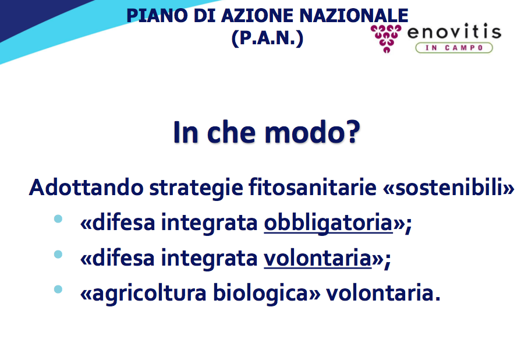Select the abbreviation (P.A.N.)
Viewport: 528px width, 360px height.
point(267,38)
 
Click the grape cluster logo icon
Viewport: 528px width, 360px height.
point(386,38)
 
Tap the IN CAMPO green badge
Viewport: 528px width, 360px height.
point(454,48)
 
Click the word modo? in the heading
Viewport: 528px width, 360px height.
point(312,132)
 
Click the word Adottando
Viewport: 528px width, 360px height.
point(86,187)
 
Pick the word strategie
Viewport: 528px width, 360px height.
point(196,188)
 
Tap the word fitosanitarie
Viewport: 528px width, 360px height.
point(313,187)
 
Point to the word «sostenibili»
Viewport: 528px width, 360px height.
point(448,187)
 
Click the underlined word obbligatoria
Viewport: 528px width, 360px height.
point(328,223)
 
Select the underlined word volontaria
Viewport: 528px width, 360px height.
point(317,259)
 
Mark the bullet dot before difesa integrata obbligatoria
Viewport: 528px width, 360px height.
point(58,218)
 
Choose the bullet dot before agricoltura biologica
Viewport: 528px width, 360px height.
point(58,289)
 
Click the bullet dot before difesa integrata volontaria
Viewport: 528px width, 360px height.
point(58,254)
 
